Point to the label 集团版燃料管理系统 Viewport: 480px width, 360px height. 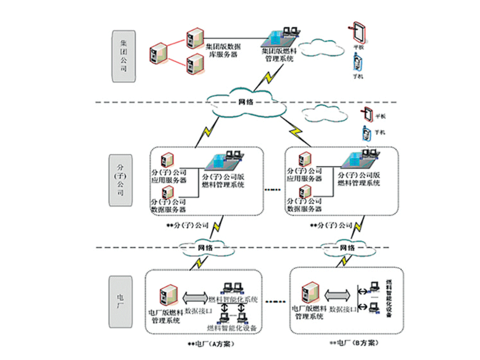point(278,55)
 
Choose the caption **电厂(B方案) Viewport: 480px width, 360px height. point(355,343)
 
